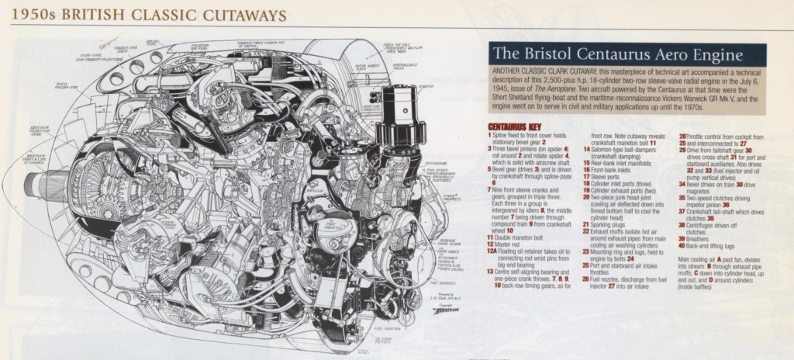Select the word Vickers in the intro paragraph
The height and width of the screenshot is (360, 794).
pyautogui.click(x=663, y=100)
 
